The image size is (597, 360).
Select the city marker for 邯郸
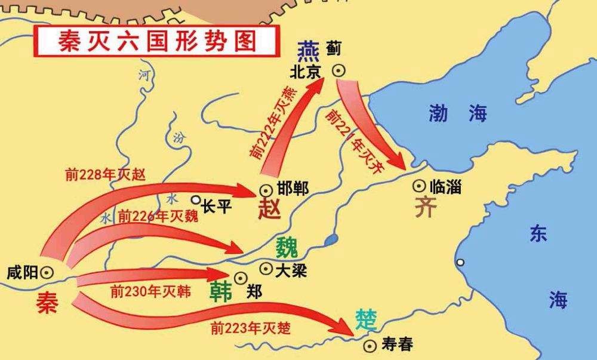(x=265, y=190)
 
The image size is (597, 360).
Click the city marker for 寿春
(x=371, y=344)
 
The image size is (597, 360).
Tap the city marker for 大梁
(x=266, y=269)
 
